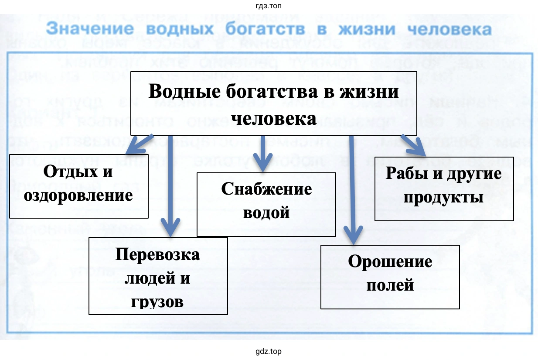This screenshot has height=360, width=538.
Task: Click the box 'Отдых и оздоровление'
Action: tap(78, 186)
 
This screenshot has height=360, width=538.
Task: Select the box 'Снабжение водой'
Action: tap(266, 204)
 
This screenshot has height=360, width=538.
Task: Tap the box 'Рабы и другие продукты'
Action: tap(444, 189)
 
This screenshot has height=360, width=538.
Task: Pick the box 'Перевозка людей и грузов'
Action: tap(158, 276)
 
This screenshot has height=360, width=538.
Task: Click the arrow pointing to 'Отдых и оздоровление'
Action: tap(139, 144)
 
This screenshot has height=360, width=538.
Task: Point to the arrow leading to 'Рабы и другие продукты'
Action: tap(413, 145)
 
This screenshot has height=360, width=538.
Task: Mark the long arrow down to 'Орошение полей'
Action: tap(352, 188)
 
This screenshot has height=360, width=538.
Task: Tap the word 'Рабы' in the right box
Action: tap(405, 174)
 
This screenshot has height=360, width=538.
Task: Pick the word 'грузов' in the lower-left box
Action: tap(157, 301)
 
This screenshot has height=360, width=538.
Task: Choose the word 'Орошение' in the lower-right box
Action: tap(390, 262)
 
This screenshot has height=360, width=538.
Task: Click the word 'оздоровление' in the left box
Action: tap(78, 195)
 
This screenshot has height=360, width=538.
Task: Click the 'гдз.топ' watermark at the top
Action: tap(269, 6)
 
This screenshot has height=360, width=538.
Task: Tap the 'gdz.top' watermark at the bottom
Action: tap(269, 351)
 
